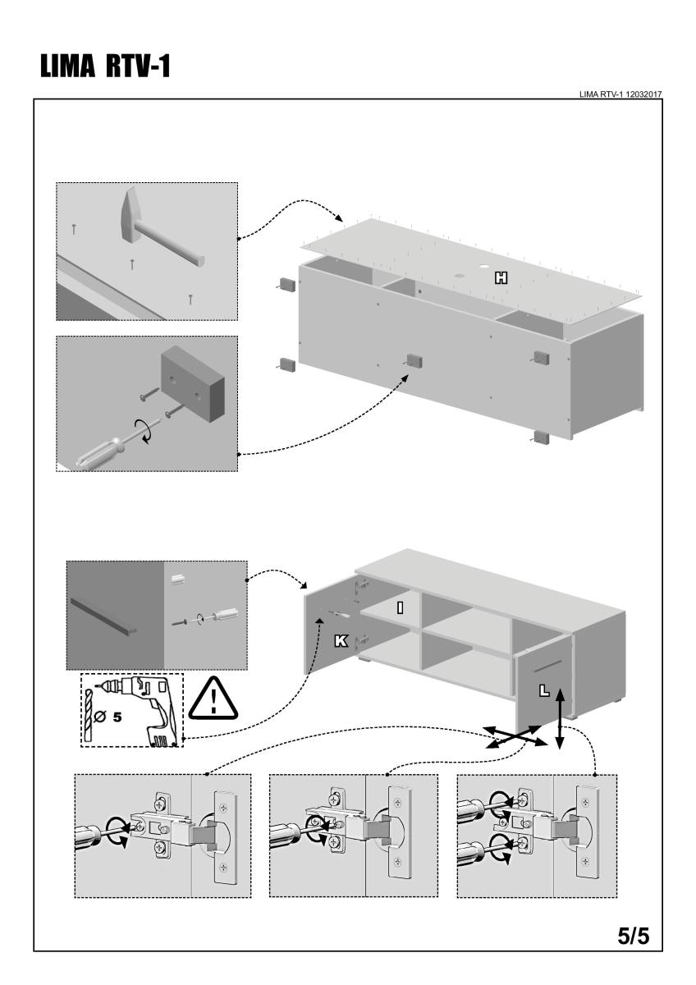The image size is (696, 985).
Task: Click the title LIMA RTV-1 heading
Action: click(x=103, y=66)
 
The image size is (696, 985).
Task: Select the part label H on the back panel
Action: click(x=500, y=279)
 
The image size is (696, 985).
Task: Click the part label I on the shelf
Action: click(x=399, y=607)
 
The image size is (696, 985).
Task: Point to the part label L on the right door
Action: click(x=543, y=690)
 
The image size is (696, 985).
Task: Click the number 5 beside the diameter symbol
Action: click(x=117, y=717)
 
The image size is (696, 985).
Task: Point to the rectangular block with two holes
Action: click(x=191, y=381)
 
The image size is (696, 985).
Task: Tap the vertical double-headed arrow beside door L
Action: click(x=560, y=718)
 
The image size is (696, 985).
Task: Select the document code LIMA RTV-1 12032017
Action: click(x=620, y=94)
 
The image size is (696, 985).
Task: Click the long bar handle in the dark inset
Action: click(x=104, y=616)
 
